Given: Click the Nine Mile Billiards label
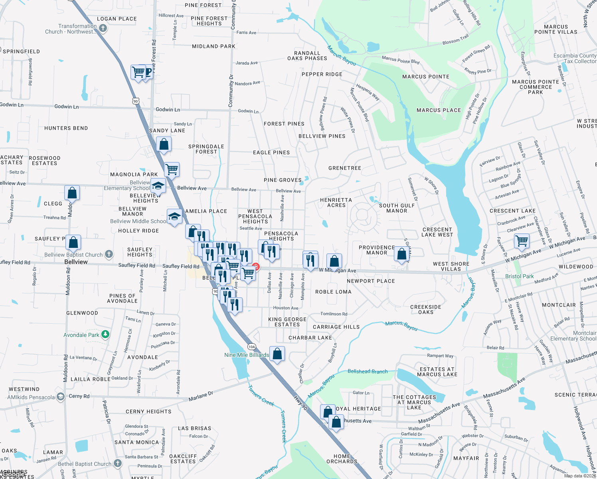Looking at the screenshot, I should coord(247,355).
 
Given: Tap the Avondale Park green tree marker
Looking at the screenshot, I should coord(105,335).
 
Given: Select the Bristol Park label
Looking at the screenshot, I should coord(519,276).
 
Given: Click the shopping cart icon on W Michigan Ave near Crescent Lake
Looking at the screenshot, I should coord(522,241).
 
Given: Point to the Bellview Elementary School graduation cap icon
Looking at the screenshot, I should coord(158,186).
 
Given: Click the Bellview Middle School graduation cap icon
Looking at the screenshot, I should coord(174,217).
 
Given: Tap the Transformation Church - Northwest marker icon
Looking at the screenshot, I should coord(103,28).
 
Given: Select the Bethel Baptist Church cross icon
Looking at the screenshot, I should coord(117,463).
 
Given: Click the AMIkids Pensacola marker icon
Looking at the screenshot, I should coord(60,397).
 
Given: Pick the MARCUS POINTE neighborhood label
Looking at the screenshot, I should coord(425,77).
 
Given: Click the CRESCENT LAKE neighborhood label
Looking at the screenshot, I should coord(512,211).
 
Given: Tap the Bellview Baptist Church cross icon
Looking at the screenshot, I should coord(109,254).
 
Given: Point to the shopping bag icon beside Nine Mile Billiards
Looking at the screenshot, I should coord(277,354).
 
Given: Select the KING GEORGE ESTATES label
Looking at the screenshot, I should coord(287,322).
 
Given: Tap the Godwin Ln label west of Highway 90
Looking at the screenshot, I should coord(66,107).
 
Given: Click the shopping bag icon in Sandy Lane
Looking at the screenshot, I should coord(164,144).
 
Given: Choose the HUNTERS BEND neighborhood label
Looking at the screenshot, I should coord(66,128).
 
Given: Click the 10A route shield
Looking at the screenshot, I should coord(251,346).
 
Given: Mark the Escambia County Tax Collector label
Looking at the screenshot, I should coord(575,58).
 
